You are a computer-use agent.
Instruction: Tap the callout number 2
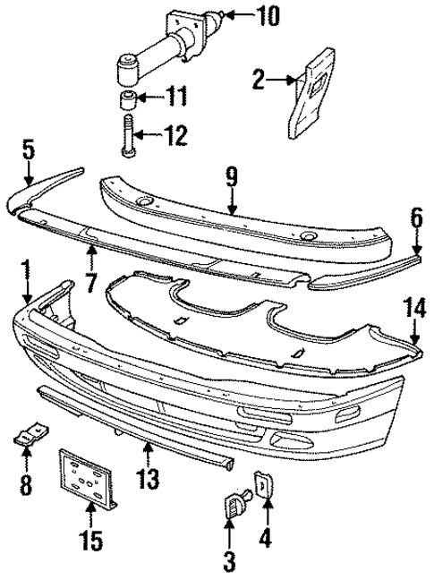260,81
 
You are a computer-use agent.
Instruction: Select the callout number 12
175,136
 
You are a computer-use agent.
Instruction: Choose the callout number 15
92,541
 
